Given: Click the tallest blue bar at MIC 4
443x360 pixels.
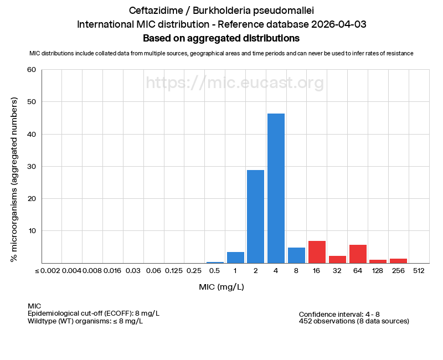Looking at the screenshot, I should (x=276, y=188).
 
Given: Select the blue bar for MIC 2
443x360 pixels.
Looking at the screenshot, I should (x=255, y=217).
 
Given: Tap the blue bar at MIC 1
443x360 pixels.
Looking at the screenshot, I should (x=235, y=258).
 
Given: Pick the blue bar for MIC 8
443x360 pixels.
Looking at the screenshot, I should (x=296, y=255).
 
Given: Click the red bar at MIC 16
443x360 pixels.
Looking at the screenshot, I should (x=317, y=252).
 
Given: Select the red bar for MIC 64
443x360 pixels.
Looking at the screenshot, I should (x=358, y=254).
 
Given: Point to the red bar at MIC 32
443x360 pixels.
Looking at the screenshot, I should (x=337, y=259).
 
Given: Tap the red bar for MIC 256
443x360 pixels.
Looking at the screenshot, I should (x=398, y=261).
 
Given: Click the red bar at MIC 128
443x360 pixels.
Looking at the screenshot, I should (x=378, y=261).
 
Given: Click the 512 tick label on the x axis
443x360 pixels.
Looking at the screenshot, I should (x=419, y=270).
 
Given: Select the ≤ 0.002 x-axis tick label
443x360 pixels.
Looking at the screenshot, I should (x=47, y=270).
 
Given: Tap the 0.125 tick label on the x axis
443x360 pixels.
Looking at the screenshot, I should (x=174, y=270).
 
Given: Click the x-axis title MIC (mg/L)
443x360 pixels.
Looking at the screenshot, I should (x=221, y=287).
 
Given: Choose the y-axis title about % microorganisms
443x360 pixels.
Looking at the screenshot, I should (x=14, y=179).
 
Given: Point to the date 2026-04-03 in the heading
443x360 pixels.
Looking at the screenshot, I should (x=338, y=24).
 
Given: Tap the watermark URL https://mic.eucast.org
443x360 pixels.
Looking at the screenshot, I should (x=235, y=83).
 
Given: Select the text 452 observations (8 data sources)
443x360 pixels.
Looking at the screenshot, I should (x=354, y=321).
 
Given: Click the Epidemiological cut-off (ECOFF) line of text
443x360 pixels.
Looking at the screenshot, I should (x=93, y=313).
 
